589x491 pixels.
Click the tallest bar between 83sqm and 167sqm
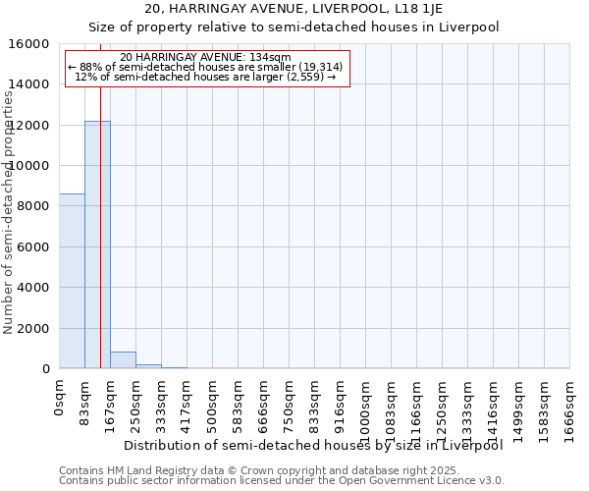(97, 245)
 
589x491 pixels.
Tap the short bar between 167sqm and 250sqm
(123, 360)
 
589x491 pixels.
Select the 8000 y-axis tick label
(33, 206)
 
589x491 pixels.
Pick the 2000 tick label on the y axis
(33, 328)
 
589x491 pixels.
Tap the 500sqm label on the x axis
(213, 401)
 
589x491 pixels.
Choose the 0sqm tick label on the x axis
(60, 397)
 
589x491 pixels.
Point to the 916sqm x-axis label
(341, 401)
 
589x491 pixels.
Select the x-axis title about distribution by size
(314, 446)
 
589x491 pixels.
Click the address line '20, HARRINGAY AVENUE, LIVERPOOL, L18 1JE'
(294, 9)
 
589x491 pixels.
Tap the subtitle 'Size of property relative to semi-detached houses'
(294, 27)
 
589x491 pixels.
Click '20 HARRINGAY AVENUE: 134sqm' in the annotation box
(206, 58)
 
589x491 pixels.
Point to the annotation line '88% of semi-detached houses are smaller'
(206, 67)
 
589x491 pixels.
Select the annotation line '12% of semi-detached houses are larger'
(206, 77)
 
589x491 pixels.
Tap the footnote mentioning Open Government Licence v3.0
(282, 481)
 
